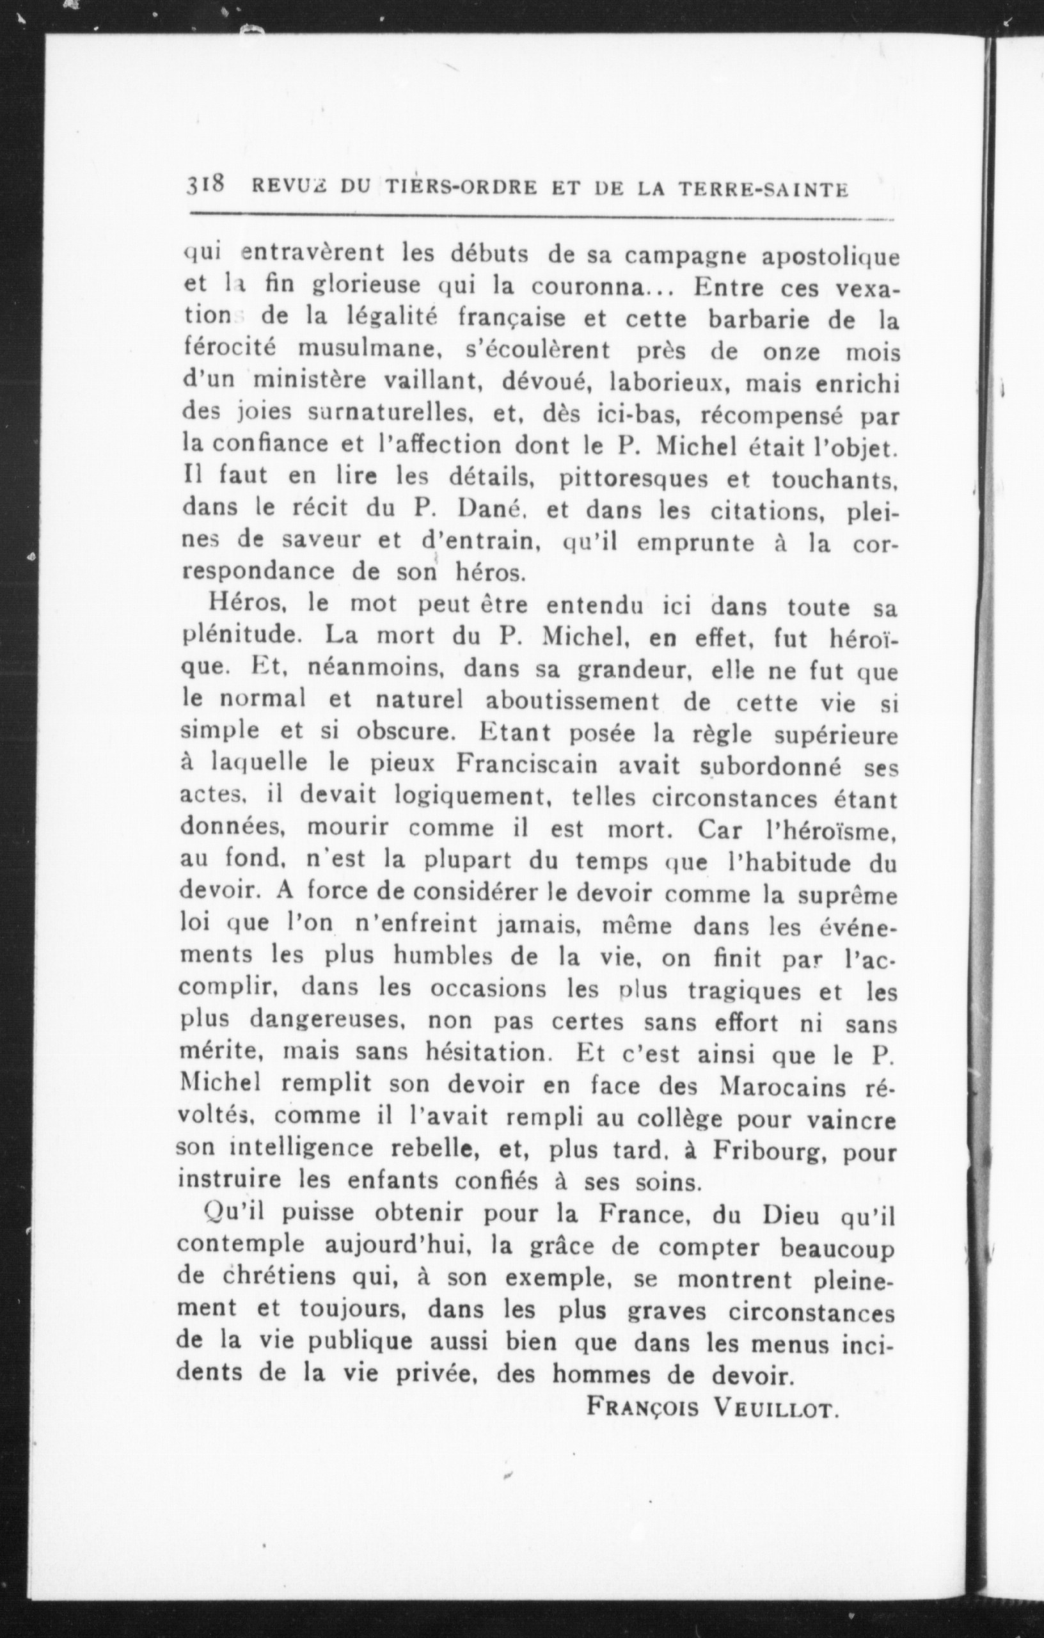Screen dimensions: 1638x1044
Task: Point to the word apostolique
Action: click(830, 257)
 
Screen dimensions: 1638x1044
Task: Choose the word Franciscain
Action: click(526, 765)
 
